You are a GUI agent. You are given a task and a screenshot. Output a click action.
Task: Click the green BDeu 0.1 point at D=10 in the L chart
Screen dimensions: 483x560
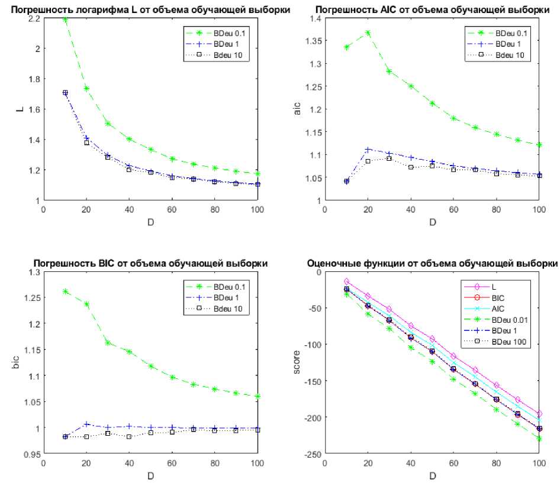click(65, 20)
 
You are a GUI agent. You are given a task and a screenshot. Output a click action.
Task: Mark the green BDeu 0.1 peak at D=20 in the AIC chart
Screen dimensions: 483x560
click(368, 33)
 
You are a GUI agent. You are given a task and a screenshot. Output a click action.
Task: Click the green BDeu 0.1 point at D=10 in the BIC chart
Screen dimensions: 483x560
click(65, 291)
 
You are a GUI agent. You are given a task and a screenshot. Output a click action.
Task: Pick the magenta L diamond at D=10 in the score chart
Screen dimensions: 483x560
click(347, 282)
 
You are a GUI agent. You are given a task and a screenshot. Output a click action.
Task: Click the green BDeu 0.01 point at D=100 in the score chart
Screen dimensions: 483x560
click(539, 439)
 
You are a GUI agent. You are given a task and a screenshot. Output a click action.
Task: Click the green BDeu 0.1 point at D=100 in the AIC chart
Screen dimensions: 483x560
click(539, 145)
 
